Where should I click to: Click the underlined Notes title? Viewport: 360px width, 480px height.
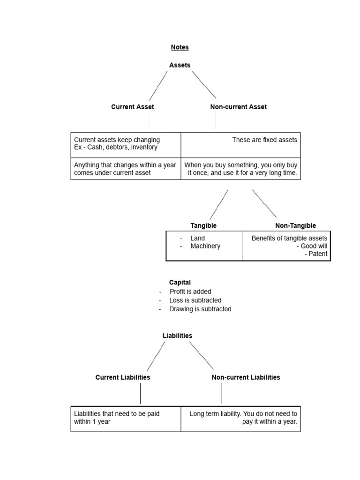coord(180,47)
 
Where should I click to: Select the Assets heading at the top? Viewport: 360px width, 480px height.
coord(180,65)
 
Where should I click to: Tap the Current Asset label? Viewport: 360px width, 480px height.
coord(132,107)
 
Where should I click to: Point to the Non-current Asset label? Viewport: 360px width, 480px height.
coord(238,107)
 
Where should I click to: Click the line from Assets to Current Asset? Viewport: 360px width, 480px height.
coord(158,86)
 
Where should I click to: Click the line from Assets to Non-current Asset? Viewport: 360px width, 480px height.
coord(204,85)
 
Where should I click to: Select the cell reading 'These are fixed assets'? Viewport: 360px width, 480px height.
coord(240,145)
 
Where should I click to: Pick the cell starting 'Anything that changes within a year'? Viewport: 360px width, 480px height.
coord(126,169)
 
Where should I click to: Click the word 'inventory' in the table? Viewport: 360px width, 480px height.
coord(144,147)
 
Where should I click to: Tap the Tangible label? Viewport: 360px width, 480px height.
coord(203,226)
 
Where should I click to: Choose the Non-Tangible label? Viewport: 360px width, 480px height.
coord(295,226)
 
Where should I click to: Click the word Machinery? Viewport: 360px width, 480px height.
coord(205,246)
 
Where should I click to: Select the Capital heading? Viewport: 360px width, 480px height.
coord(180,283)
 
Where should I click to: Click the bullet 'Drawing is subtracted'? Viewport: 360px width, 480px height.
coord(200,309)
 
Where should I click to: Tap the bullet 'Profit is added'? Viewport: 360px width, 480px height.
coord(190,292)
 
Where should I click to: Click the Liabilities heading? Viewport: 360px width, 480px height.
coord(177,336)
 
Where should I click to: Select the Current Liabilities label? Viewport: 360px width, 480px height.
coord(123,377)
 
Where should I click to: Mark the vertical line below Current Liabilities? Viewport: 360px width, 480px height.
coord(140,394)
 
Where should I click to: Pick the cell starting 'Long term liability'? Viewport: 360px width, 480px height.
coord(240,418)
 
